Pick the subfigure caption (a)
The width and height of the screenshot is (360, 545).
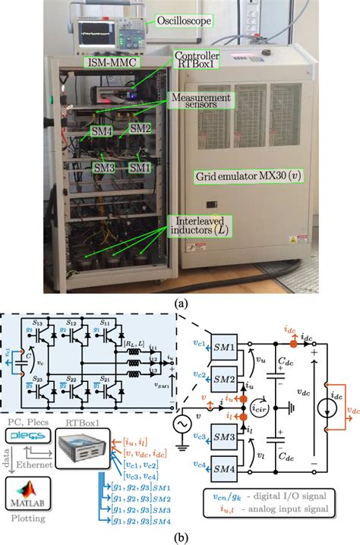click(179, 301)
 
